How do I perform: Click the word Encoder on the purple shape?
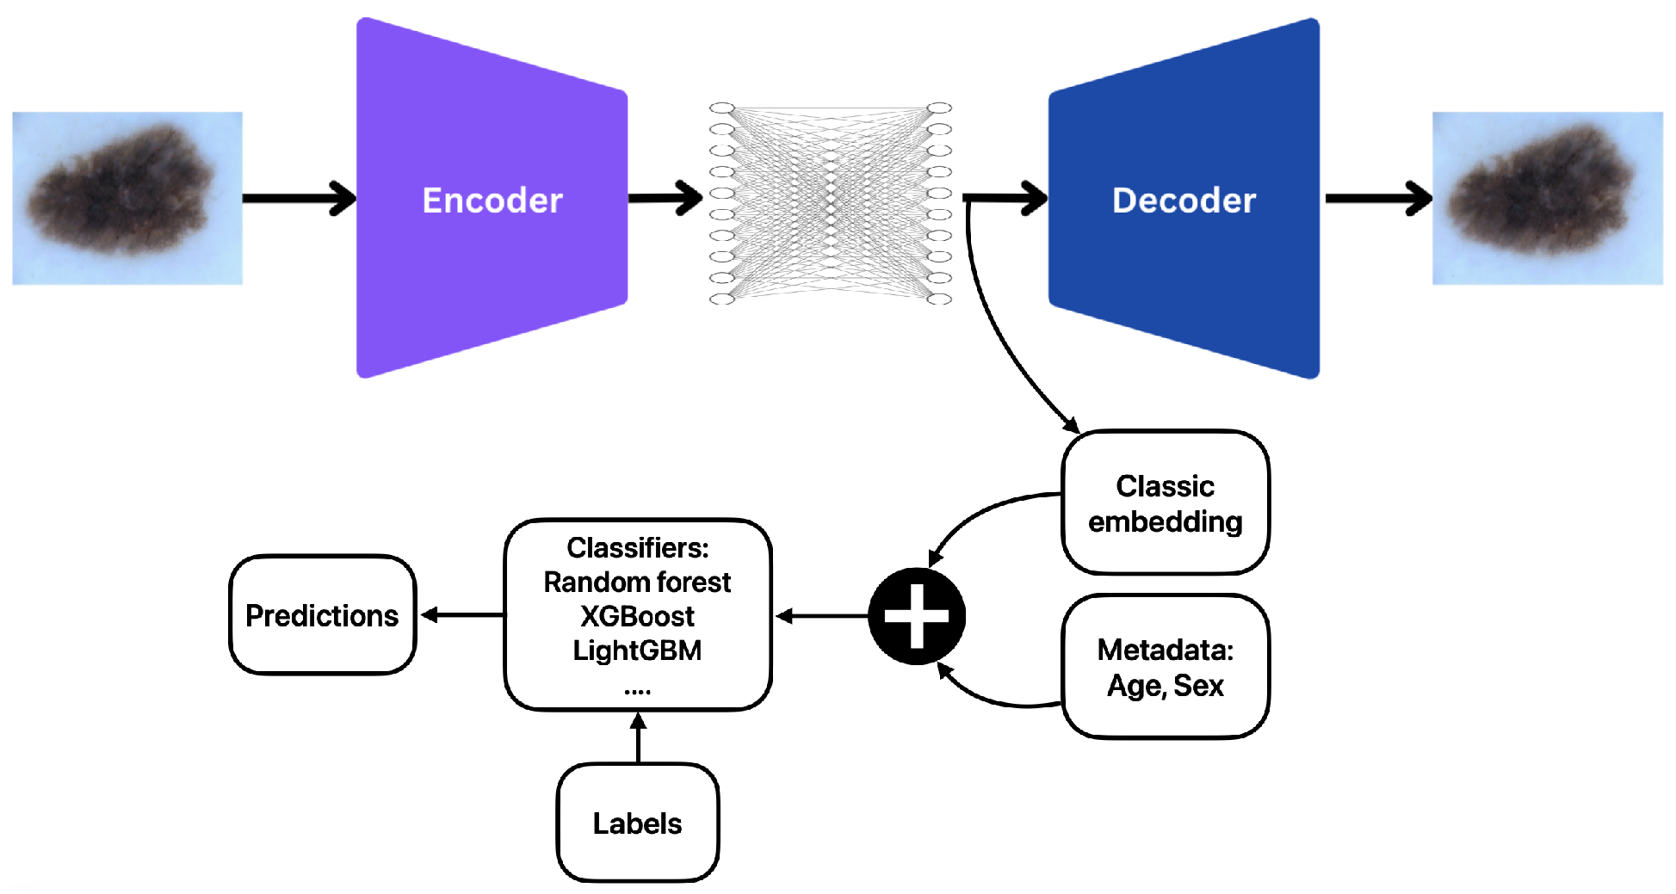[x=492, y=200]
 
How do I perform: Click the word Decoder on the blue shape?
[x=1184, y=200]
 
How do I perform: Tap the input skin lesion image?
[x=127, y=198]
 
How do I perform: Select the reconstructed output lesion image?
[x=1547, y=198]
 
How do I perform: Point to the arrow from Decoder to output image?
[x=1377, y=199]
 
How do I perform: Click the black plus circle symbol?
[x=917, y=616]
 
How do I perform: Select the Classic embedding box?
[x=1165, y=502]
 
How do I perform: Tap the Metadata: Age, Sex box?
[x=1165, y=667]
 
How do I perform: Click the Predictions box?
[x=322, y=615]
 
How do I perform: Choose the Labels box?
[x=637, y=823]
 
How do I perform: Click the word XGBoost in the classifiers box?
[x=637, y=616]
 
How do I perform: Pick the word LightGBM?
[x=637, y=650]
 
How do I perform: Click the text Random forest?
[x=637, y=583]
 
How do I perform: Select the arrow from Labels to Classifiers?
[x=638, y=737]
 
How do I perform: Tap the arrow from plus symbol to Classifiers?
[x=822, y=616]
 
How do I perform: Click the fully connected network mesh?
[x=831, y=203]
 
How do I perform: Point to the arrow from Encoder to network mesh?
[x=665, y=199]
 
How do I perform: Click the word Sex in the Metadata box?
[x=1198, y=686]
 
